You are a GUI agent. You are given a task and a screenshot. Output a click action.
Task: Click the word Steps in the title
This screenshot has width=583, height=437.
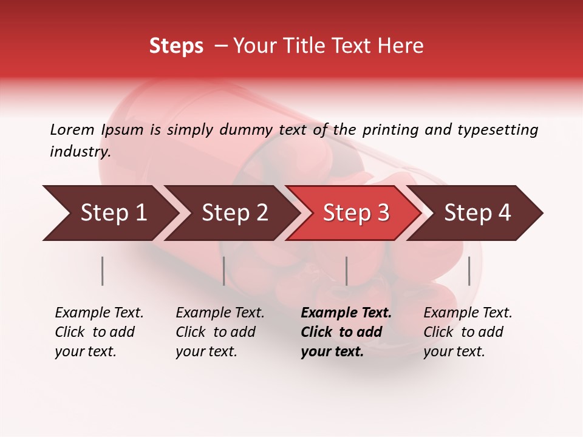point(176,46)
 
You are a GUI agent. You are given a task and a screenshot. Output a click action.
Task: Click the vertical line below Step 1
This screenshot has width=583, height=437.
point(103,271)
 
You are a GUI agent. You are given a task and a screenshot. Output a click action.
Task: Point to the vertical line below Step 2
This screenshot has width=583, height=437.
point(224,271)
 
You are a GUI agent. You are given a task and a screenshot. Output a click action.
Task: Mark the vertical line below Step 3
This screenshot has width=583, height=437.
point(347,271)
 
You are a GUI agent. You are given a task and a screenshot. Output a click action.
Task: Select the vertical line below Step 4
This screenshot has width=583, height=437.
point(469,271)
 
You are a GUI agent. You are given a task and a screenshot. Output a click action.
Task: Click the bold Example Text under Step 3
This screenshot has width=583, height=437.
point(346,313)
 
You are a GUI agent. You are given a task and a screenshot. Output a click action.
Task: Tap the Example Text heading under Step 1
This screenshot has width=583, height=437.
point(99,313)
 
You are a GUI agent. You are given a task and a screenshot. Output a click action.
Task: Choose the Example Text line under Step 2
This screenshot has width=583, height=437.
point(220,313)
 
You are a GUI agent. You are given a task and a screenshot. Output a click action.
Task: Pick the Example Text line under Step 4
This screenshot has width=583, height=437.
point(468,313)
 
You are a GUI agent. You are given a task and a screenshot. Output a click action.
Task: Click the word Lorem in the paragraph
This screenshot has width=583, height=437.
point(72,129)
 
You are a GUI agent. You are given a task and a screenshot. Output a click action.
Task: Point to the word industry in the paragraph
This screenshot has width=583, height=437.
point(80,152)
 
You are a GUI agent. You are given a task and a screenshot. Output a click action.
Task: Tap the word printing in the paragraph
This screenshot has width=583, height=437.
point(388,129)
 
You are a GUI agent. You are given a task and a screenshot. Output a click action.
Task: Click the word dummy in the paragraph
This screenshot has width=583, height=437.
point(246,129)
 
